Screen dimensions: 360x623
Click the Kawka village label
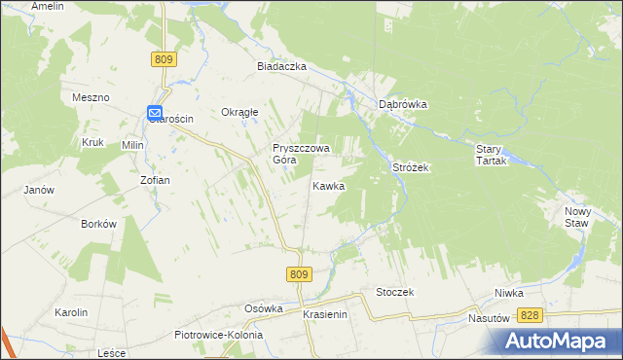point(328,185)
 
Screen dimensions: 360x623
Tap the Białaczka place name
point(282,66)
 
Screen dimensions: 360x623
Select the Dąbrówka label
point(404,104)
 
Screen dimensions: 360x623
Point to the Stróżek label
point(411,167)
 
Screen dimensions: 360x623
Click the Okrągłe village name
point(239,112)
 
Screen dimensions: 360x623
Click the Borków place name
point(99,223)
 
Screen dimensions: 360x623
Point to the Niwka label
point(508,292)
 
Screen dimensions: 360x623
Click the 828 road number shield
point(530,315)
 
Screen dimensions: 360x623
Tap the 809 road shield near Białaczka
point(165,60)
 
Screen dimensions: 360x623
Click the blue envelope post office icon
point(155,114)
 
